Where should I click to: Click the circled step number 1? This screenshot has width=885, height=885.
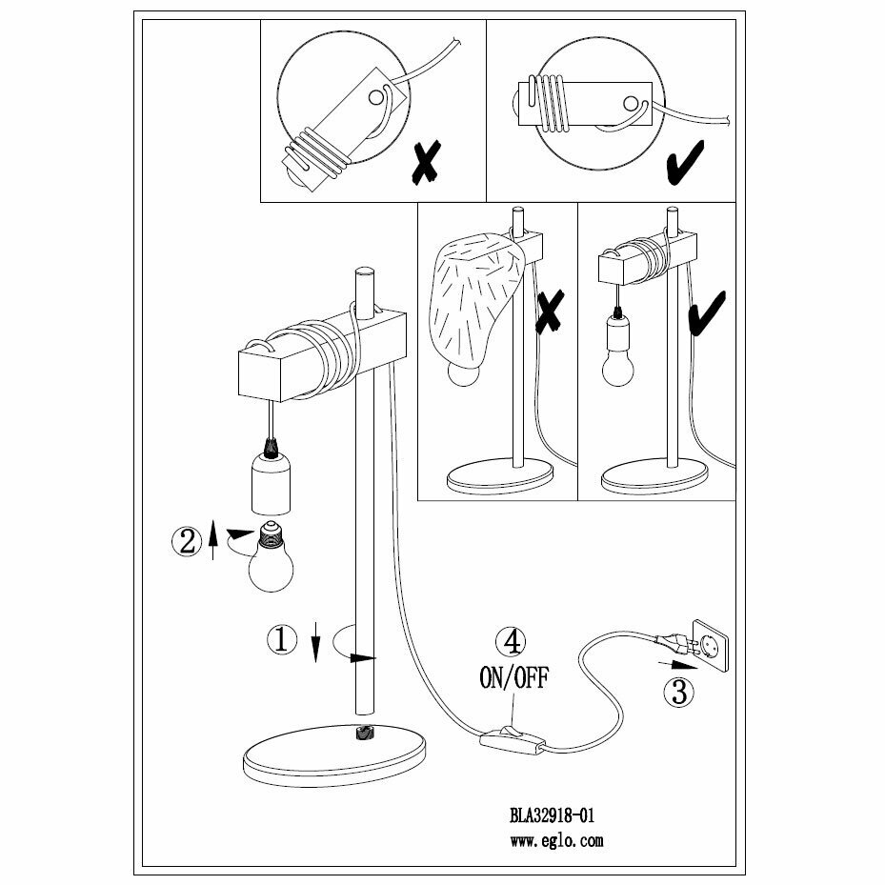280,640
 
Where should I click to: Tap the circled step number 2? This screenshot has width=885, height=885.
185,541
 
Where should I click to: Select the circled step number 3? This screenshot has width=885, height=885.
678,692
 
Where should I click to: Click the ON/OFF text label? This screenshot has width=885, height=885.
513,677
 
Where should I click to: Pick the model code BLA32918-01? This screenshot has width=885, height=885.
553,815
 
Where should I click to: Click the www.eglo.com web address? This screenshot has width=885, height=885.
556,841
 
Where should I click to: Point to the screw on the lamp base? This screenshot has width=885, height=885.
364,733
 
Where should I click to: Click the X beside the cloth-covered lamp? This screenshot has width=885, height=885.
551,314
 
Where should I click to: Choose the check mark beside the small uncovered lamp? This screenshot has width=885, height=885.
706,314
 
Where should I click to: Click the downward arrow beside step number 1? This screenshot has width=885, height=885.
315,644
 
